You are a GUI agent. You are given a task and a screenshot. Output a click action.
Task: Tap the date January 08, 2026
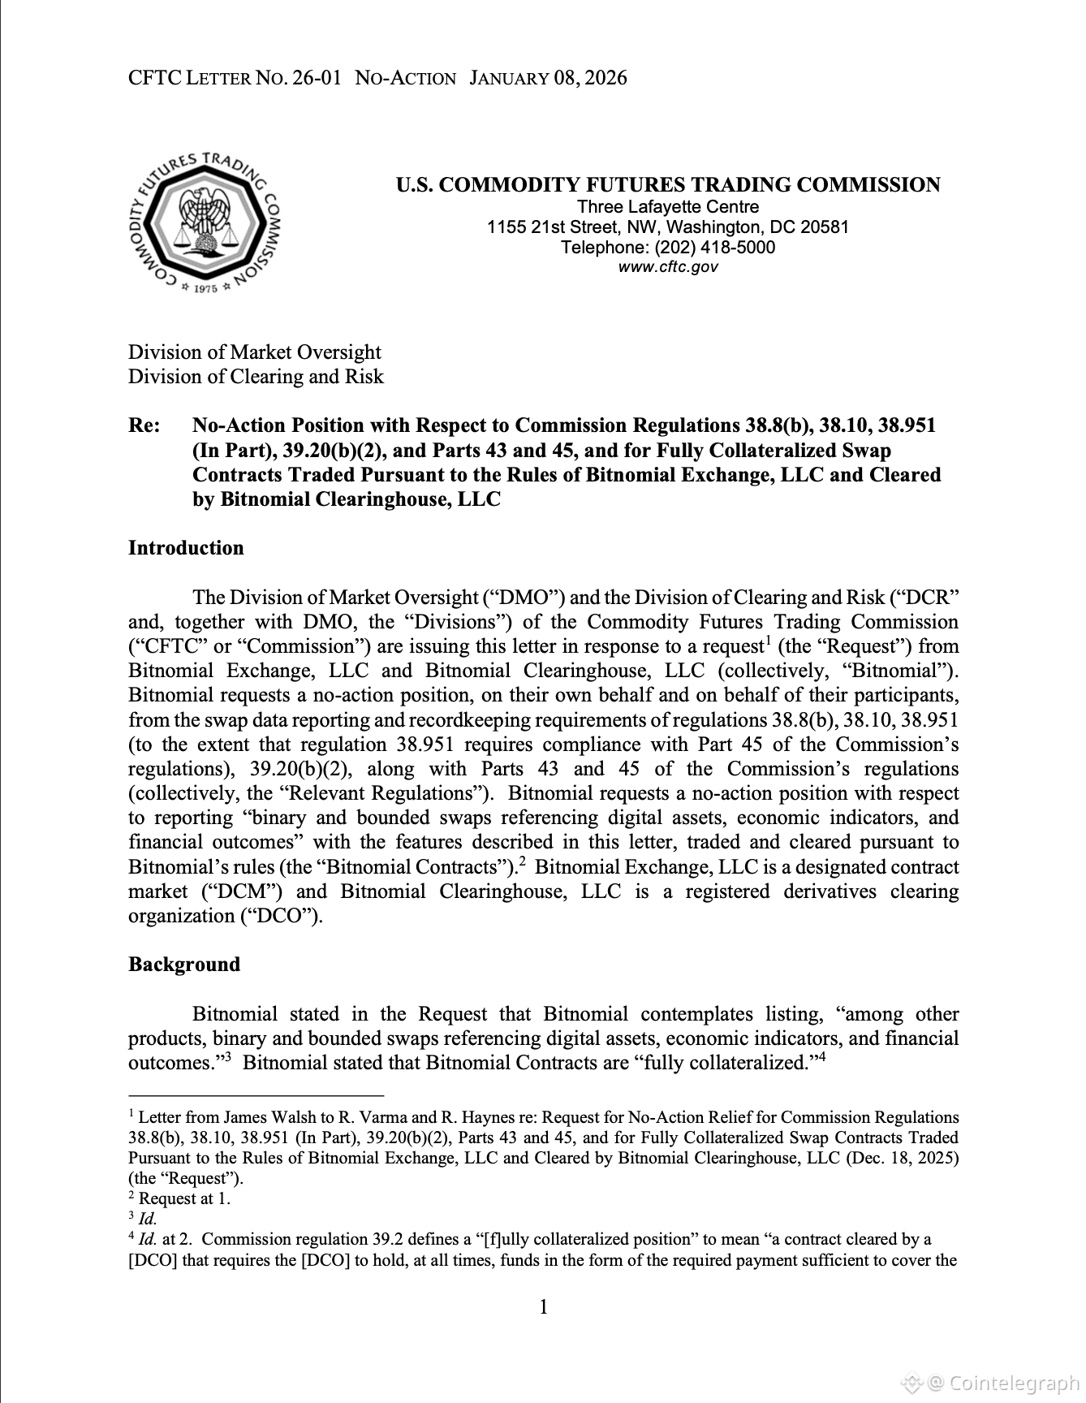(548, 78)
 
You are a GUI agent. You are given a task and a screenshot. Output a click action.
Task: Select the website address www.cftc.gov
(667, 267)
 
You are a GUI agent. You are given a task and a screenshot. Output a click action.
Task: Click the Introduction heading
(186, 548)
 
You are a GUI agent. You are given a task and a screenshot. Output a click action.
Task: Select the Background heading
(184, 965)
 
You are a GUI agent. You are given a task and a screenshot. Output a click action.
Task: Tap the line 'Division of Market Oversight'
(254, 352)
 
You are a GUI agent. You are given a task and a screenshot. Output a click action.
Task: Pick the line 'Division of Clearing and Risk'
(256, 377)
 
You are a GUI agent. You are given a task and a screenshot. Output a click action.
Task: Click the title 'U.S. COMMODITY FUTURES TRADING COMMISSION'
(667, 185)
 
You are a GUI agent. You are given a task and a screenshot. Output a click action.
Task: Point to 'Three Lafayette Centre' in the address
(667, 207)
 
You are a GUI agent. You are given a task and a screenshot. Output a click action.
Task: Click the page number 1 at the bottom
(543, 1307)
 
